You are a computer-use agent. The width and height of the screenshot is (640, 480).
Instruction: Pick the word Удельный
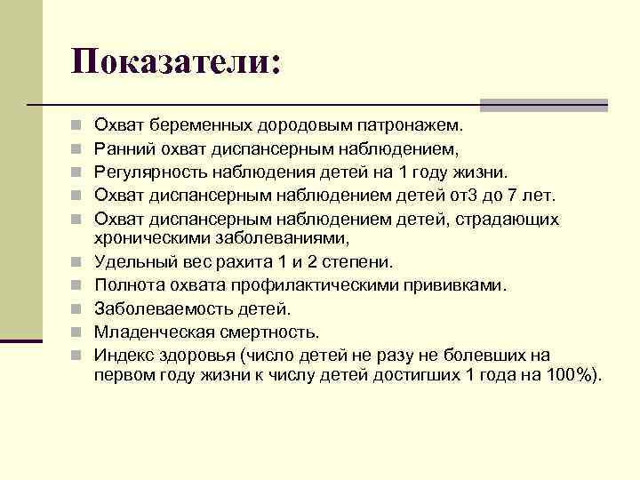[132, 262]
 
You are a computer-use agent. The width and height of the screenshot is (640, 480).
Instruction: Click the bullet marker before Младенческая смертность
[78, 332]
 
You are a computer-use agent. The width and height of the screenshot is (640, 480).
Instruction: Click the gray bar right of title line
[543, 104]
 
